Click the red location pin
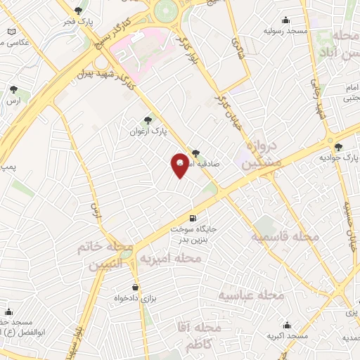click(180, 165)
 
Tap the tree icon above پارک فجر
click(78, 10)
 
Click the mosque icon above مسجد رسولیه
click(285, 20)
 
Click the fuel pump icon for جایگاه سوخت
click(193, 219)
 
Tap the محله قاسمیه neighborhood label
click(286, 237)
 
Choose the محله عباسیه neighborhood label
click(251, 295)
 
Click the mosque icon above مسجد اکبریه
click(288, 326)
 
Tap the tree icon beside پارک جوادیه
click(340, 147)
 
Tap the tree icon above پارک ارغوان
click(148, 120)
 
